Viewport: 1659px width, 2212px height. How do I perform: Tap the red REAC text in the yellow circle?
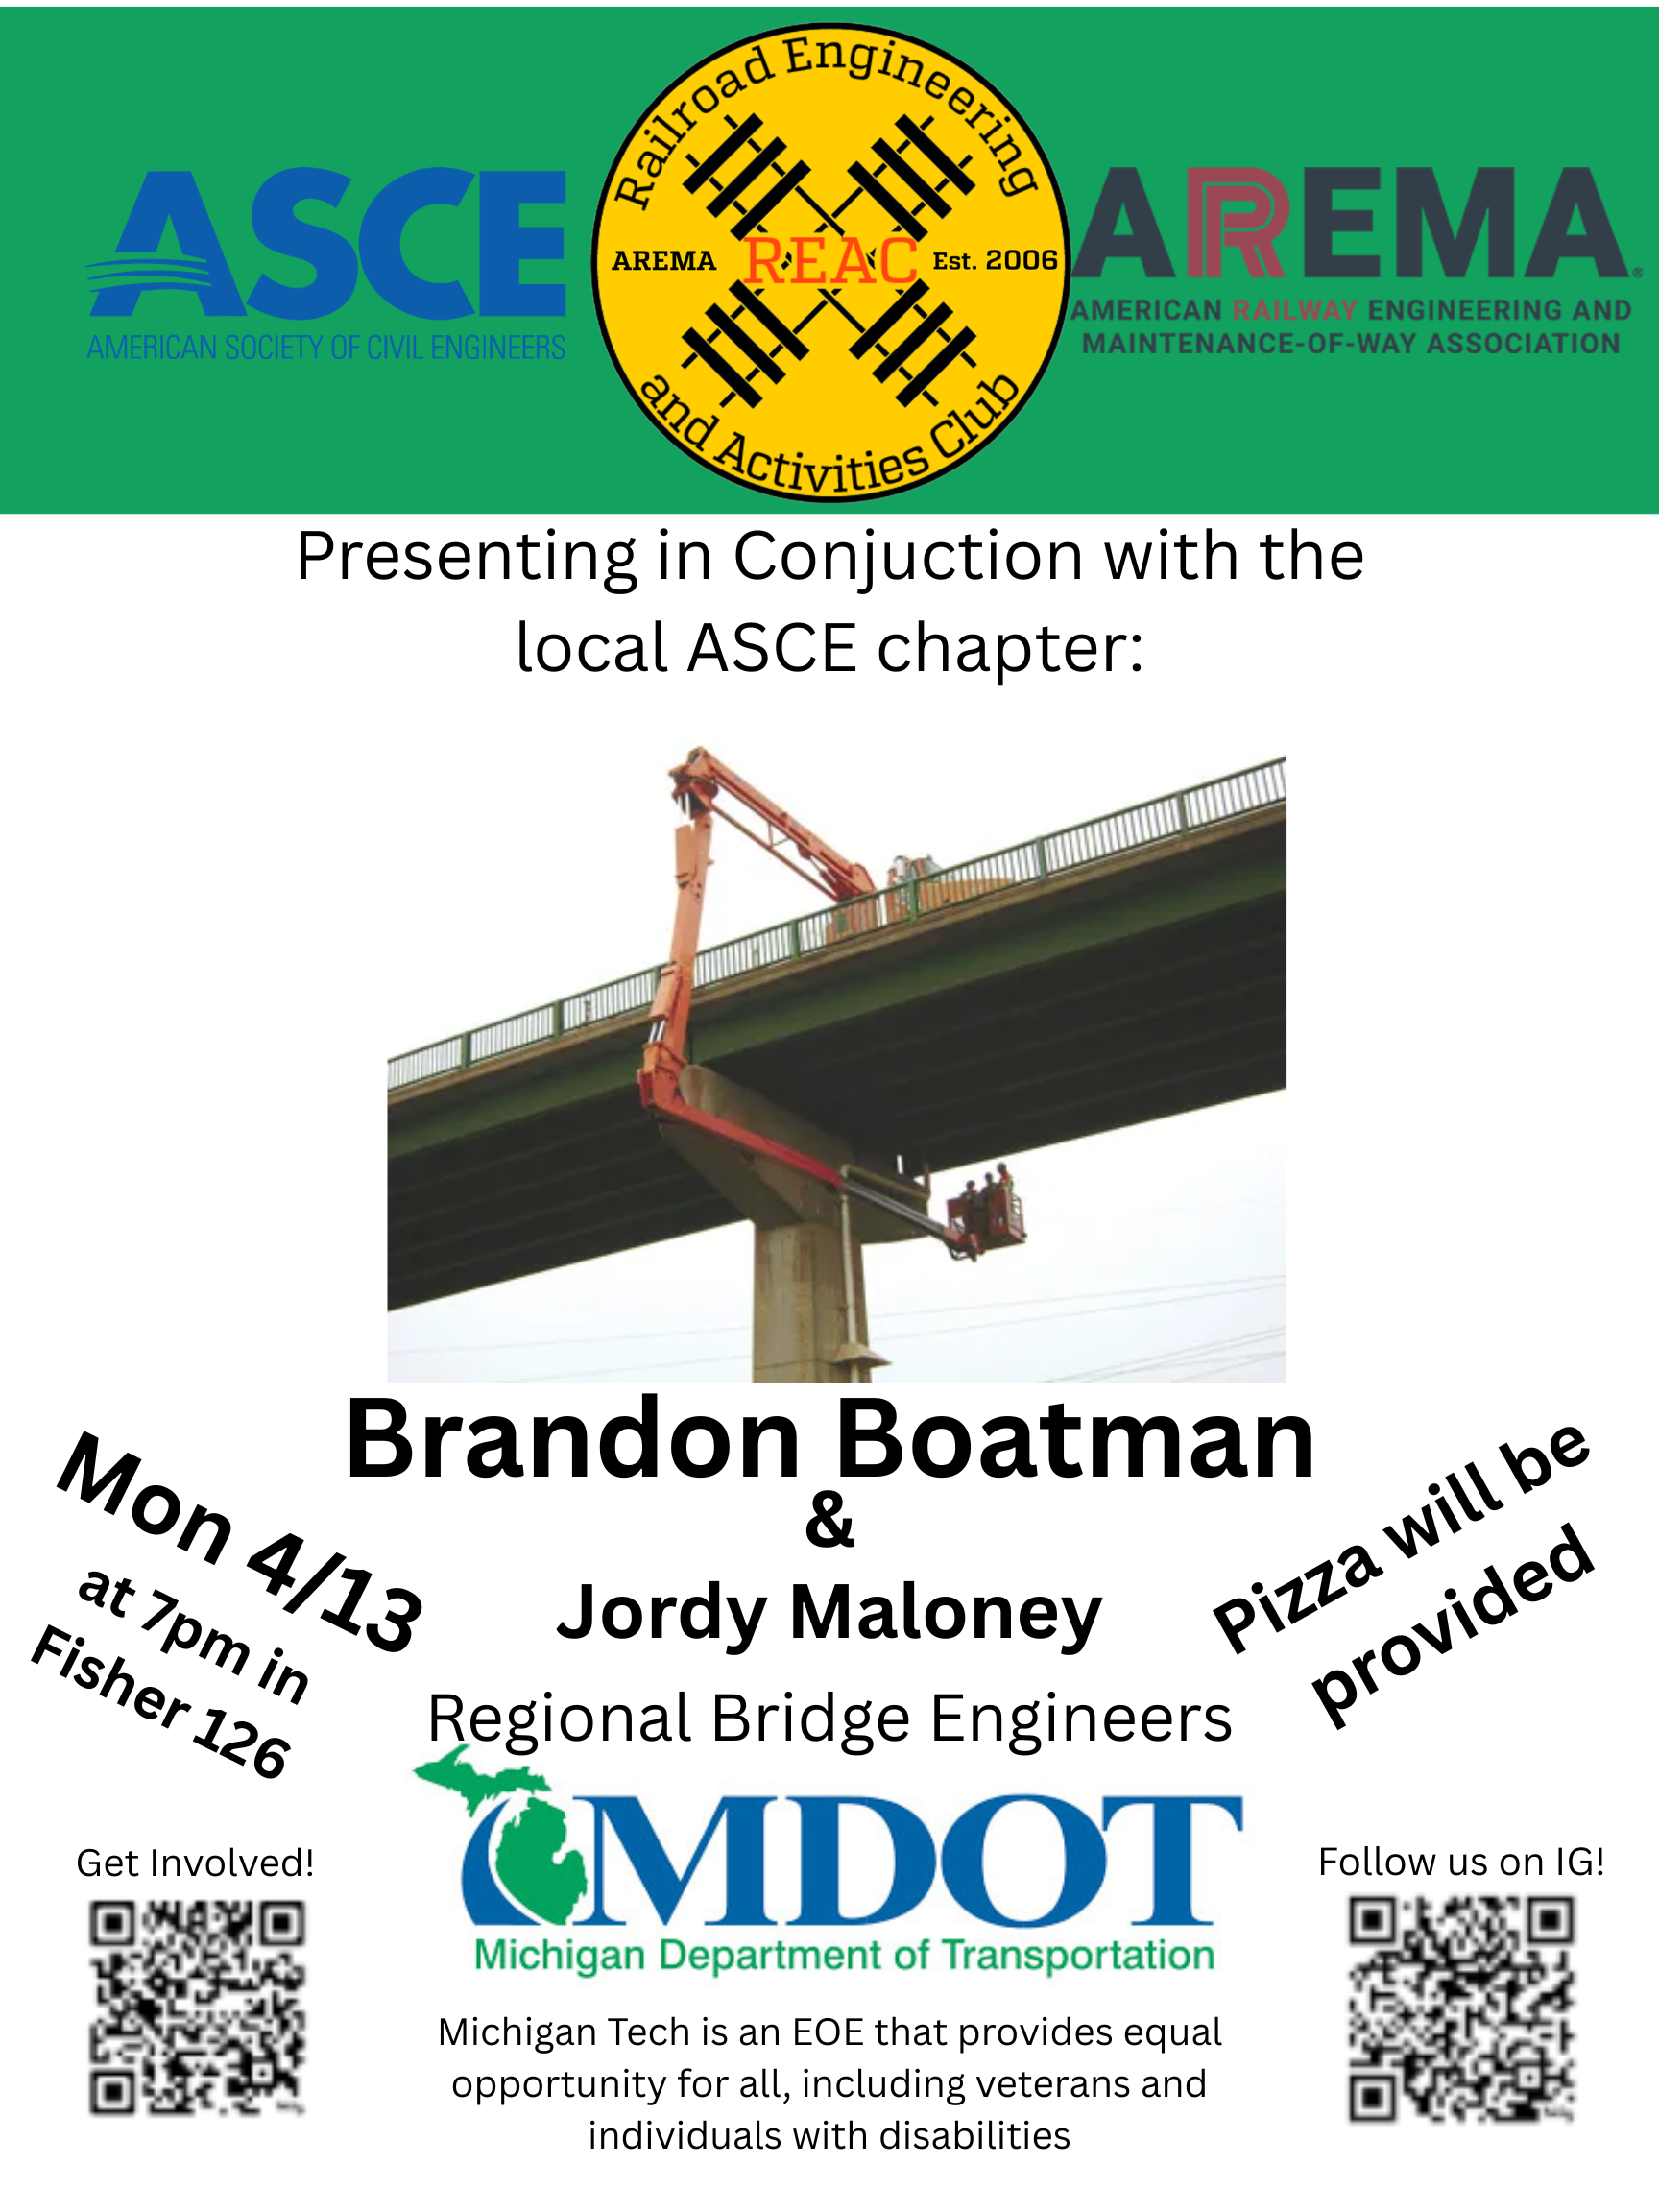[830, 261]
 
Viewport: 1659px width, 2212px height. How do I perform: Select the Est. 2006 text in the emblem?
[994, 261]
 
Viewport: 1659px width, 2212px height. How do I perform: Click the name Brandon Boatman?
[830, 1440]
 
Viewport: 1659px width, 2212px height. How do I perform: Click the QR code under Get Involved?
[197, 2008]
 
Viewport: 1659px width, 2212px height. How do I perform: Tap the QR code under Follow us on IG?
[1461, 2009]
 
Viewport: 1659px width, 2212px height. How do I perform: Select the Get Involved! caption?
[195, 1863]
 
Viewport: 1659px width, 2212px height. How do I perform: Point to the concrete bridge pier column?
[804, 1300]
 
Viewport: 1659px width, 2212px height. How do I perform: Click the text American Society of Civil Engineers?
[326, 348]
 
